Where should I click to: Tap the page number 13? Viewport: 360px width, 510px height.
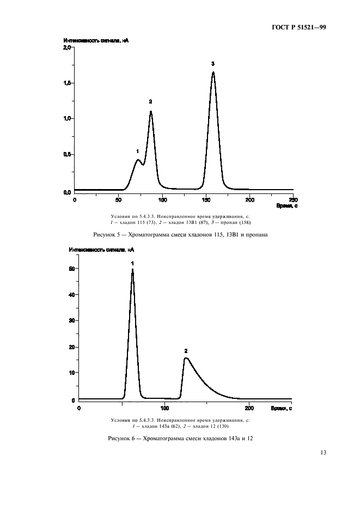click(323, 452)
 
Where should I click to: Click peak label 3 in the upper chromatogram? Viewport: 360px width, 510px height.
click(213, 64)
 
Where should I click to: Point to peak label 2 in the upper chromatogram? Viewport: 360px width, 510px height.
click(150, 101)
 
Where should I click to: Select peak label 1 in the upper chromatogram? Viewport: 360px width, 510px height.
click(137, 151)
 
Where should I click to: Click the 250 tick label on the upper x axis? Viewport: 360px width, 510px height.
click(293, 199)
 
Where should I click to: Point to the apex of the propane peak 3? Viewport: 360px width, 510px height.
click(213, 72)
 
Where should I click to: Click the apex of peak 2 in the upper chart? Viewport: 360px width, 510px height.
click(151, 112)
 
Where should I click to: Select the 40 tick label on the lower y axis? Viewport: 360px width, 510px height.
click(71, 295)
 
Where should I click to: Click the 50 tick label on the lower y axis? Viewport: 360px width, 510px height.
click(71, 269)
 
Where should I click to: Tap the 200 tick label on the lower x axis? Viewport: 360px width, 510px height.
click(249, 408)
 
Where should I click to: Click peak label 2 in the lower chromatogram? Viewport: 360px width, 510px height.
click(186, 351)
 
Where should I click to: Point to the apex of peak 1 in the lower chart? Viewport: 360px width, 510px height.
click(132, 269)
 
